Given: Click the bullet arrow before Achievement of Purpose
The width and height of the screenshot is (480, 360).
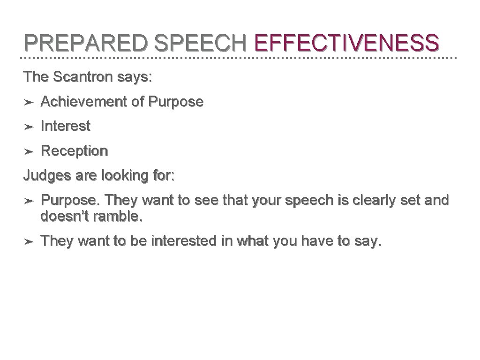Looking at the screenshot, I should pyautogui.click(x=28, y=102).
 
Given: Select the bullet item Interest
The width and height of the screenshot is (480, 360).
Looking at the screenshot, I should pyautogui.click(x=66, y=126).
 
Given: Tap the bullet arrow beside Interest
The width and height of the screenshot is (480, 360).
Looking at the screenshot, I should pyautogui.click(x=28, y=127).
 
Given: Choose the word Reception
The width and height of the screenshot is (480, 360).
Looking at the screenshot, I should pyautogui.click(x=75, y=151).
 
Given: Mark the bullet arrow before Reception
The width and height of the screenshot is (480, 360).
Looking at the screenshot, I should pyautogui.click(x=28, y=151).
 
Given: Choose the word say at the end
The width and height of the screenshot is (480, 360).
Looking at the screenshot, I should pyautogui.click(x=370, y=242).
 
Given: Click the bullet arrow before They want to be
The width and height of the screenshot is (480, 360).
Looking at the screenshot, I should pyautogui.click(x=28, y=242).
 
